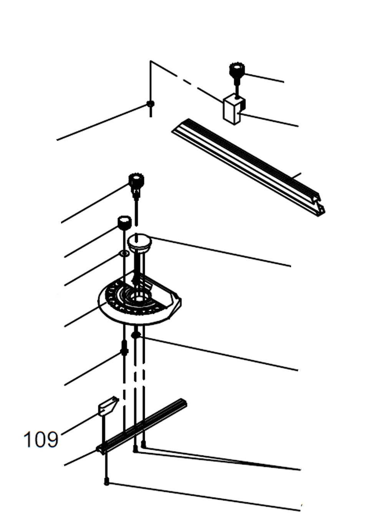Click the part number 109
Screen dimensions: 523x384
[x=41, y=439]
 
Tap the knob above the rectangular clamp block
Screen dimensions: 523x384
[x=237, y=70]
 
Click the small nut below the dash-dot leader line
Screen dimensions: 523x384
[x=151, y=104]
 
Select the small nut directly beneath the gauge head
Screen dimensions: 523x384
[x=135, y=335]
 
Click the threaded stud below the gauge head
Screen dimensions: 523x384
[x=124, y=348]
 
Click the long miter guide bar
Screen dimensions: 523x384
[x=142, y=426]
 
